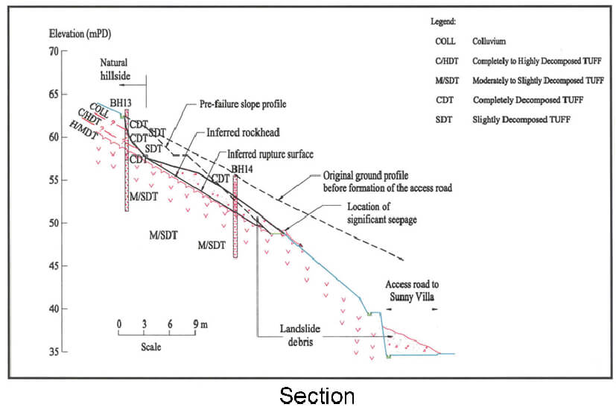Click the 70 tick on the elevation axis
(x=54, y=51)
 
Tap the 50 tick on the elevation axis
(x=54, y=223)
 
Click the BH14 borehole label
(x=241, y=170)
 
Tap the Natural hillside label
(x=116, y=71)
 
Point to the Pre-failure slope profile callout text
(x=242, y=104)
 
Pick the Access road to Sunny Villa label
(x=414, y=291)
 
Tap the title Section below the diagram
(x=317, y=395)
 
